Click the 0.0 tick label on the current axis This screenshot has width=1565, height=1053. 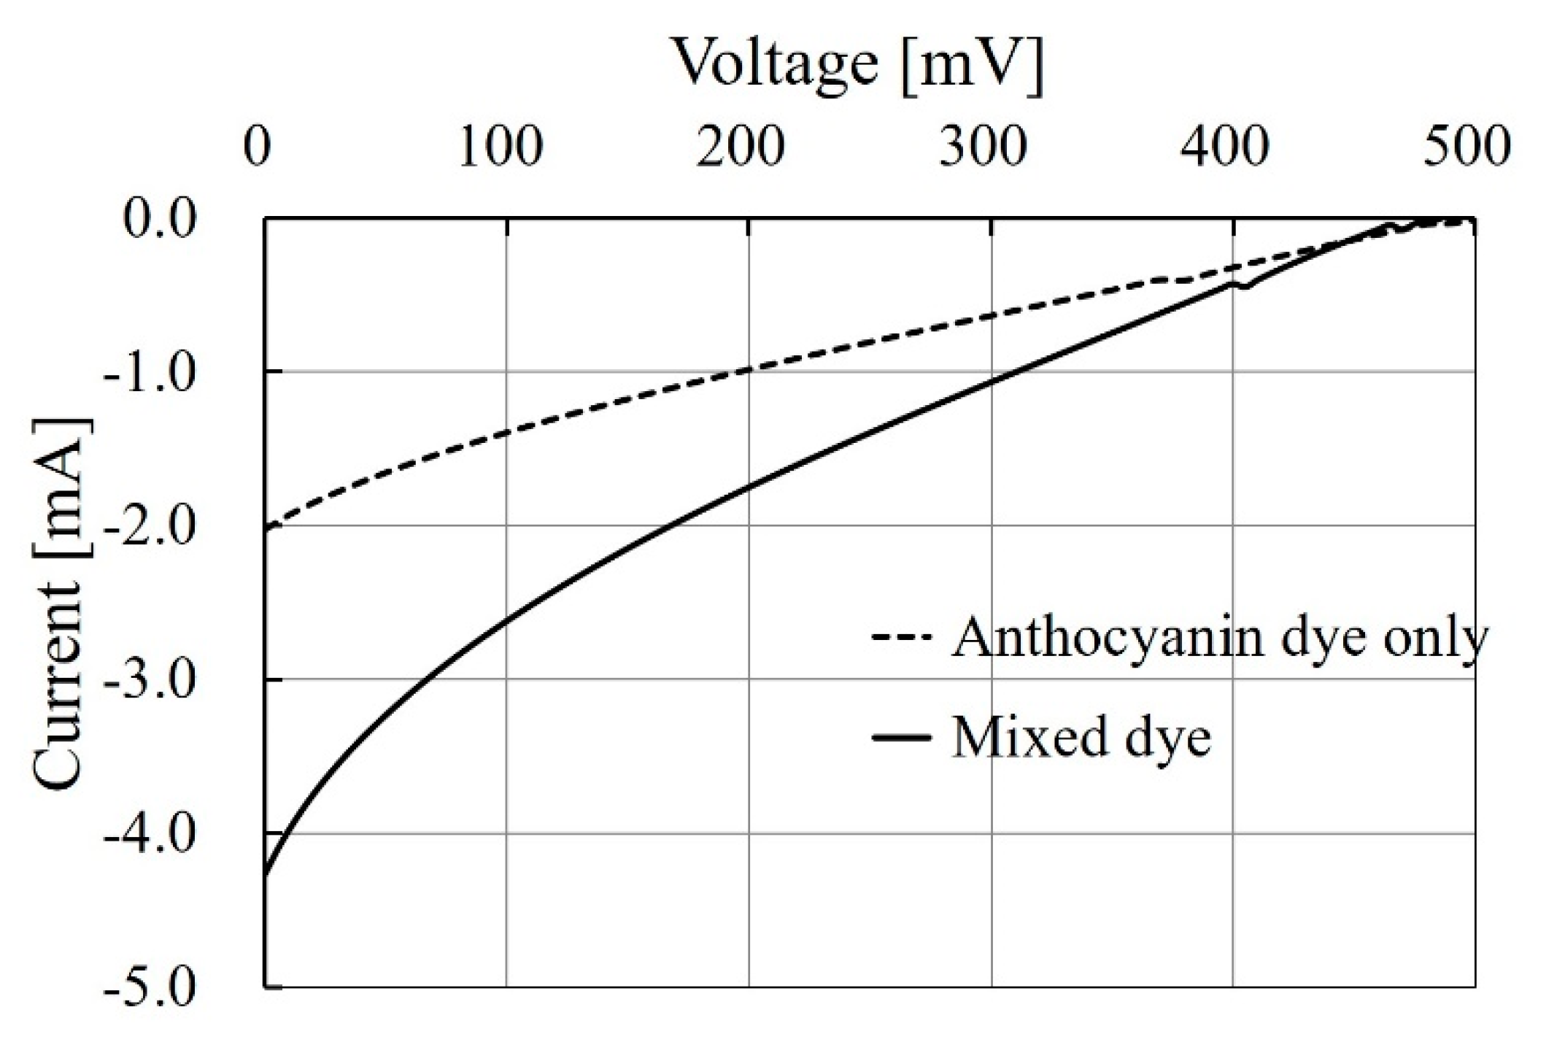(x=160, y=218)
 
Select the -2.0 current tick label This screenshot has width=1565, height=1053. (x=150, y=526)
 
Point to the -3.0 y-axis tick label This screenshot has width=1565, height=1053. (x=150, y=680)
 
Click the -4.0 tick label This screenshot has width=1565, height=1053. (x=150, y=834)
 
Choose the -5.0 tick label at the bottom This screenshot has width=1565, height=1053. (x=150, y=988)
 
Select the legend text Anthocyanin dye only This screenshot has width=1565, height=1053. (x=1219, y=638)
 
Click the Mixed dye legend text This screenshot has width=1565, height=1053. (x=1081, y=737)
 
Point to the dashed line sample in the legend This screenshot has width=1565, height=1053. (x=902, y=638)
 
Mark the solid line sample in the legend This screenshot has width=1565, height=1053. (x=902, y=738)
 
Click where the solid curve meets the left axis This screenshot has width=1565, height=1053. (x=266, y=874)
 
